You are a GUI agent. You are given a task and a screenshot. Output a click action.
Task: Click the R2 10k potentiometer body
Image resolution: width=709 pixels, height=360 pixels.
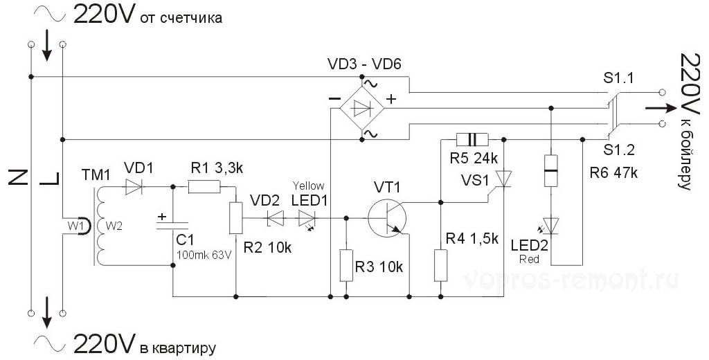click(x=236, y=218)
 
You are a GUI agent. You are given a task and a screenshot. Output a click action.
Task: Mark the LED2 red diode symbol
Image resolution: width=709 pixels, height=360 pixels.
click(x=551, y=226)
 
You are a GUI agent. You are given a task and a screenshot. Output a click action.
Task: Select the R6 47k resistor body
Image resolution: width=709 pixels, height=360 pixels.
click(x=551, y=170)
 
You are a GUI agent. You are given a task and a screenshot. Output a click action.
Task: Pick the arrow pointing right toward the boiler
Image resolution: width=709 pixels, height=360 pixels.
click(x=658, y=109)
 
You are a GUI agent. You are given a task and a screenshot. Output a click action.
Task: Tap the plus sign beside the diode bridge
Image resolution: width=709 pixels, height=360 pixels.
click(x=391, y=100)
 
